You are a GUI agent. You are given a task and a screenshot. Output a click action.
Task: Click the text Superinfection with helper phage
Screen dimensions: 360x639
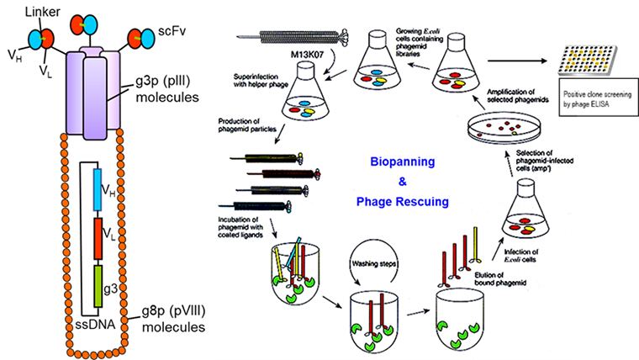267,80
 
